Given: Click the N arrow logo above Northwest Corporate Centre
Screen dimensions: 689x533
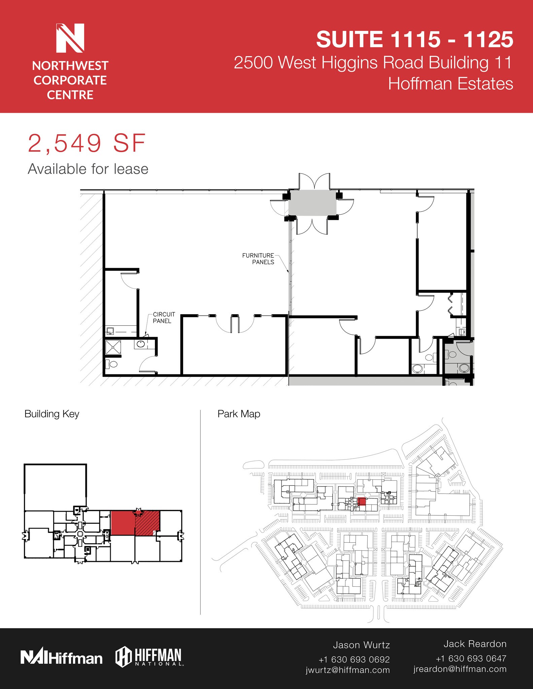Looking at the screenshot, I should [70, 38].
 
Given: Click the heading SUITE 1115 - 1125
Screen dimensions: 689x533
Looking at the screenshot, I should [414, 39].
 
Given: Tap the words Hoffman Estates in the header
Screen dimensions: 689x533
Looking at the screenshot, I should [451, 84].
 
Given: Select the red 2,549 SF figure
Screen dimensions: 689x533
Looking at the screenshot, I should [87, 144].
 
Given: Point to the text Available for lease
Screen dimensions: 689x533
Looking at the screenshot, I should [88, 169].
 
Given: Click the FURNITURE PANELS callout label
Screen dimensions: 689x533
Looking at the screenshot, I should [258, 259].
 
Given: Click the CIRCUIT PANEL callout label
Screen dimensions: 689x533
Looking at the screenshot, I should [164, 317].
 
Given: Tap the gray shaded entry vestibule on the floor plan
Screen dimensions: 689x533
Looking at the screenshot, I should [312, 203].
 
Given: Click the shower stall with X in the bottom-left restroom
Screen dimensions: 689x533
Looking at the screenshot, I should [113, 347].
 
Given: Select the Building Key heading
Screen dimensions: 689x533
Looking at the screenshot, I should [52, 414].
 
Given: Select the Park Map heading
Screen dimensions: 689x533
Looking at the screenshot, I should [239, 414].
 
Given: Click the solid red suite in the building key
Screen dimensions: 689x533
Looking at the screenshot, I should [123, 523].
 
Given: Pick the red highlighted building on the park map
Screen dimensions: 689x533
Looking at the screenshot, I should [361, 502].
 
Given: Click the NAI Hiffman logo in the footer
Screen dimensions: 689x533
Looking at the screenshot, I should [61, 658].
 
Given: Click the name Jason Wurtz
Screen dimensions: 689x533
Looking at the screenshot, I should [361, 645].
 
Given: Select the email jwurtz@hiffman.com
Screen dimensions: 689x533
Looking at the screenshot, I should [347, 670].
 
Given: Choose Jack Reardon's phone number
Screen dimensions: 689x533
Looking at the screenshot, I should [471, 658].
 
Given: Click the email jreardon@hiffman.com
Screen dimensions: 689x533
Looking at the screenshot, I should [460, 669].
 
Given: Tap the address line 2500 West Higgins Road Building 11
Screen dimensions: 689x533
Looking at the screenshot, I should [373, 63].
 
